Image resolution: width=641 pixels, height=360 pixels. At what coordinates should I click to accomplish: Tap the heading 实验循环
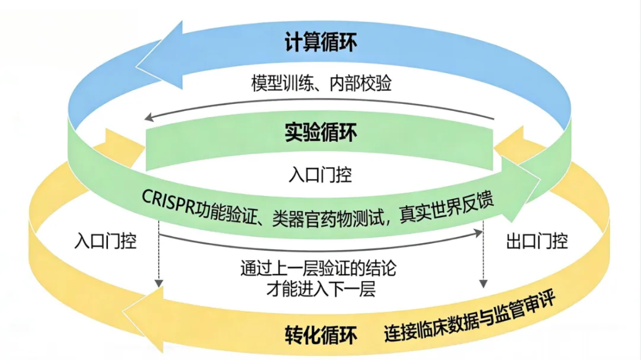[320, 133]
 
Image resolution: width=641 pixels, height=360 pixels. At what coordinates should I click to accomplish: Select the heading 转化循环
[320, 335]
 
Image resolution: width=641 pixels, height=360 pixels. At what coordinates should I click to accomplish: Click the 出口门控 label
[537, 241]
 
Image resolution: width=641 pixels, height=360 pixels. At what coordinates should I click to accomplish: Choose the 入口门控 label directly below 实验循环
[320, 174]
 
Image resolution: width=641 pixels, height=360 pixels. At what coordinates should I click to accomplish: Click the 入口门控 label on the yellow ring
[106, 241]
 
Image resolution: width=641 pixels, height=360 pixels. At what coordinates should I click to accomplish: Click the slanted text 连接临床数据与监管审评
[469, 317]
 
